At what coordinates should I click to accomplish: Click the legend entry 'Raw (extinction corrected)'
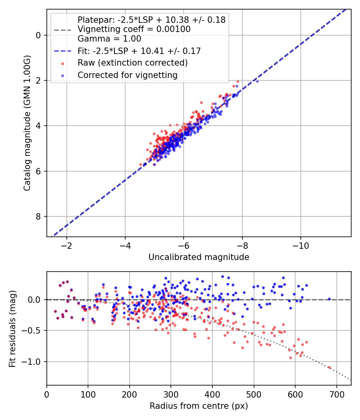click(132, 63)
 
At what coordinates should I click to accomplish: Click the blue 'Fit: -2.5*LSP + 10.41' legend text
click(139, 51)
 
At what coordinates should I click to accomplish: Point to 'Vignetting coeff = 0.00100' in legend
click(134, 29)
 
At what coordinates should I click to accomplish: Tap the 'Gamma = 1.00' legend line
click(109, 39)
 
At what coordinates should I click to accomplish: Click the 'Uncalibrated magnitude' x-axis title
click(199, 257)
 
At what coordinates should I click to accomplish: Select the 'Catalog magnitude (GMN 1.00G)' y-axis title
click(27, 122)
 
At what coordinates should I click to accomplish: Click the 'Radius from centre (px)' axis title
click(199, 406)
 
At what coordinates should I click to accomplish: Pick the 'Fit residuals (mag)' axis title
click(12, 328)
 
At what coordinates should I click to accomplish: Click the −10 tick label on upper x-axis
click(300, 246)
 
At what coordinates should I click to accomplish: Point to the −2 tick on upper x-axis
click(66, 246)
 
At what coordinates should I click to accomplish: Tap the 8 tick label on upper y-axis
click(38, 216)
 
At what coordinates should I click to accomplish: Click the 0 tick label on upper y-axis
click(38, 35)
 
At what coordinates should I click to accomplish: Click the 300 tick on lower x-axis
click(171, 394)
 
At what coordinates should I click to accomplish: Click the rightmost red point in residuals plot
click(330, 367)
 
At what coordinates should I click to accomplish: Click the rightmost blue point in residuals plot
click(330, 299)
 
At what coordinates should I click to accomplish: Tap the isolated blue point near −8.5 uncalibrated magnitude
click(257, 81)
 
